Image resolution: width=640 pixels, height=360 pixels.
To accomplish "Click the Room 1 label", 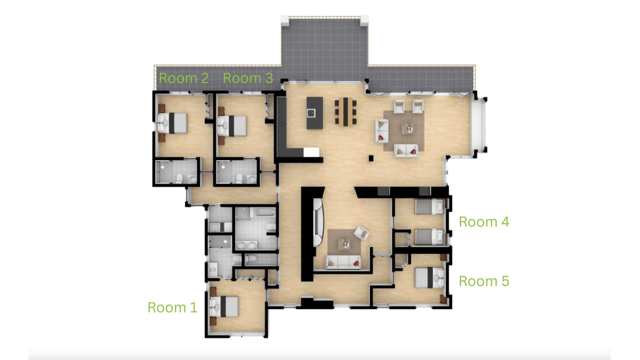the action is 172,307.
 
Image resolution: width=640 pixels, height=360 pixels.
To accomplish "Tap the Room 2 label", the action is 184,78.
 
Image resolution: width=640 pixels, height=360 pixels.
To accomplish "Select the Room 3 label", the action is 248,78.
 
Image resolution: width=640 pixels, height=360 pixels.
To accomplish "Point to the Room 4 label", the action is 484,222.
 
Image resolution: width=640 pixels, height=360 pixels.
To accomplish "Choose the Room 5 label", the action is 484,281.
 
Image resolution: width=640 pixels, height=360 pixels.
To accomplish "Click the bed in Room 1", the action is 224,306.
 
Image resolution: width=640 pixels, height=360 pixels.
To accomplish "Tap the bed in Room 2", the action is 172,123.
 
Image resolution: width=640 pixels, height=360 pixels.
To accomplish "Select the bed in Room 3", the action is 232,126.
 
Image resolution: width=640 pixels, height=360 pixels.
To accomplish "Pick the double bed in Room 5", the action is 430,277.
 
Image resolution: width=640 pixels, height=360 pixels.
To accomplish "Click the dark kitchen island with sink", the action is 315,113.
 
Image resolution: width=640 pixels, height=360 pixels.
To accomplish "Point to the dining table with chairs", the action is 345,111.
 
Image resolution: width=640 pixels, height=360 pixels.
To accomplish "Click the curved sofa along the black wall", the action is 318,222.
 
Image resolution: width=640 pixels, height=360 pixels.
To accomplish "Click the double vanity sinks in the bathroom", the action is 247,246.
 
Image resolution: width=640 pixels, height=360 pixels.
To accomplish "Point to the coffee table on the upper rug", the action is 408,128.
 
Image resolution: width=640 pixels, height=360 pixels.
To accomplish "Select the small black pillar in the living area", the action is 371,158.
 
